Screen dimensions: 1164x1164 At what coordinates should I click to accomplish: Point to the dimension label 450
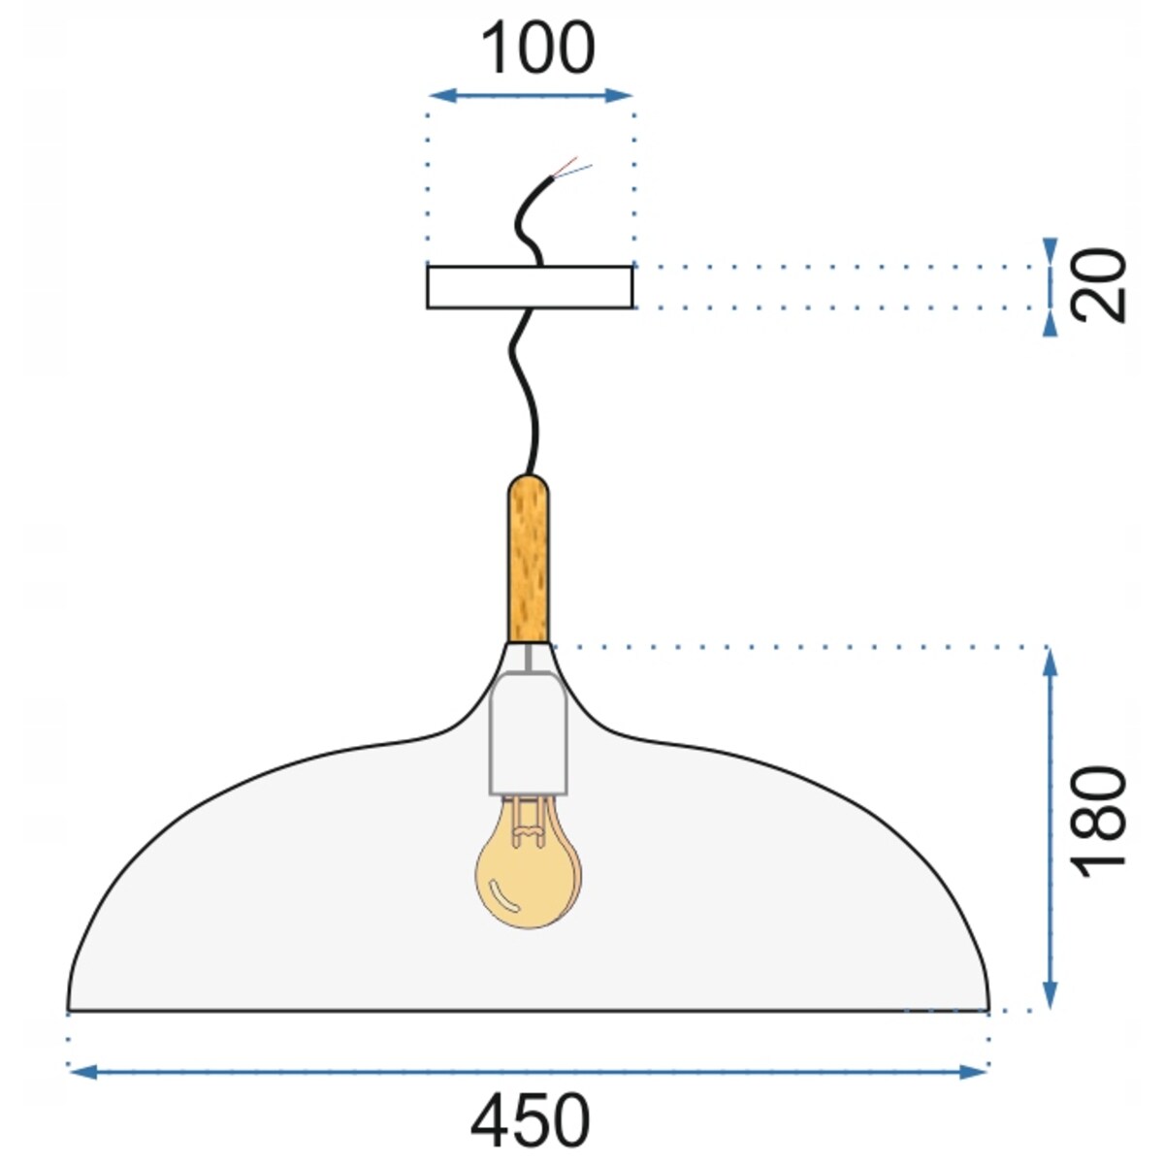[530, 1121]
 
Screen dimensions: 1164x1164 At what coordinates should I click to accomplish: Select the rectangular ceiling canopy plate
[530, 287]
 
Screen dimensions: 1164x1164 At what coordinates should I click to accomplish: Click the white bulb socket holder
[529, 731]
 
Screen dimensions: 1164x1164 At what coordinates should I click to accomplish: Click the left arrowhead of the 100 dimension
[436, 95]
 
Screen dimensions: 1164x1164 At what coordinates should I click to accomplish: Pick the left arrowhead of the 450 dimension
[79, 1071]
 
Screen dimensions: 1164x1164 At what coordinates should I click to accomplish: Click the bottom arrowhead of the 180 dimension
[1050, 999]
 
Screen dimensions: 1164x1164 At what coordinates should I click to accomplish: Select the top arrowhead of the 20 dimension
[1050, 247]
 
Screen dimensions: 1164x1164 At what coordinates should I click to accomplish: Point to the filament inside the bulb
[528, 820]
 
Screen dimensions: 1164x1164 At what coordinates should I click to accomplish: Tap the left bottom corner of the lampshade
[70, 1008]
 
